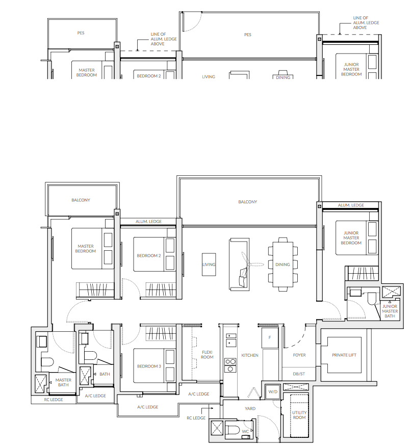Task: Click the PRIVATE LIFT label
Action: pyautogui.click(x=344, y=355)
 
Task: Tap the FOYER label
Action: pyautogui.click(x=299, y=355)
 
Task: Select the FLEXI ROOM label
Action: pyautogui.click(x=207, y=354)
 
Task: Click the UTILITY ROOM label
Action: pyautogui.click(x=299, y=415)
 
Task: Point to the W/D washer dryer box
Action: pyautogui.click(x=273, y=391)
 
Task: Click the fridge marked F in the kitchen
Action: pyautogui.click(x=270, y=338)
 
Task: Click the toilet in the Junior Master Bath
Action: pyautogui.click(x=372, y=298)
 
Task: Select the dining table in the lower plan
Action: pyautogui.click(x=282, y=265)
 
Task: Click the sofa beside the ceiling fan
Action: pyautogui.click(x=240, y=265)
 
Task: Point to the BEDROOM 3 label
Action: pyautogui.click(x=149, y=366)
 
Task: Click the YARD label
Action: pyautogui.click(x=250, y=408)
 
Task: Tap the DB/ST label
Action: pyautogui.click(x=299, y=374)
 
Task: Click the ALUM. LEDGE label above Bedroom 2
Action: pyautogui.click(x=148, y=221)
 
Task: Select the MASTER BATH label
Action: pyautogui.click(x=63, y=382)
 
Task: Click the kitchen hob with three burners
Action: pyautogui.click(x=230, y=365)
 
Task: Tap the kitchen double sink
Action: pyautogui.click(x=231, y=340)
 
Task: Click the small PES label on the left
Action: pyautogui.click(x=81, y=33)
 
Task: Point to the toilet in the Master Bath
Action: pyautogui.click(x=47, y=362)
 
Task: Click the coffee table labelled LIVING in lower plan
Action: pyautogui.click(x=209, y=265)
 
